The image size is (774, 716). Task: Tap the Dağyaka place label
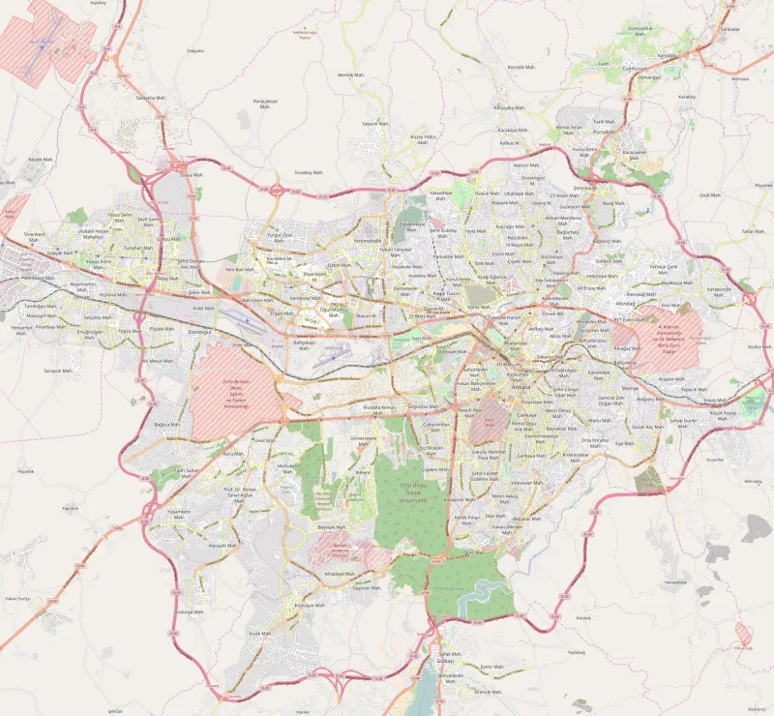[x=195, y=50]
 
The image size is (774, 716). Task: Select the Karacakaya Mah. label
[x=265, y=104]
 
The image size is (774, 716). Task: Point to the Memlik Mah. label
[x=350, y=75]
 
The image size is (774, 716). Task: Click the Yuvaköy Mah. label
[x=309, y=172]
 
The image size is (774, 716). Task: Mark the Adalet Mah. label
[x=40, y=159]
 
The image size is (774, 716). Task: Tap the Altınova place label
[x=740, y=78]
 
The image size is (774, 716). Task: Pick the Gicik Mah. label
[x=710, y=194]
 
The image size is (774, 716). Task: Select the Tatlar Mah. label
[x=753, y=231]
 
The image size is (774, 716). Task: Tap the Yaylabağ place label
[x=577, y=652]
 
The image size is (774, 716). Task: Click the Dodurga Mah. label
[x=189, y=612]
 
